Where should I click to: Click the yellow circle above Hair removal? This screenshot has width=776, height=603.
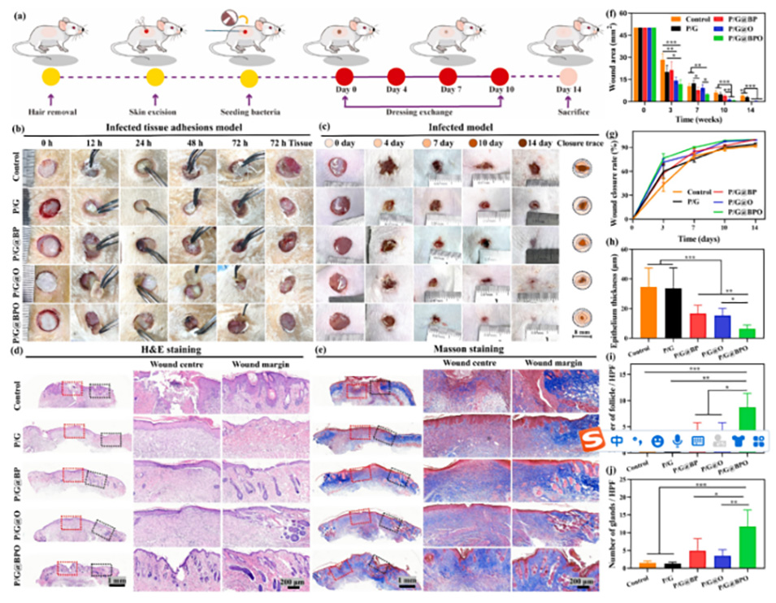click(51, 78)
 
